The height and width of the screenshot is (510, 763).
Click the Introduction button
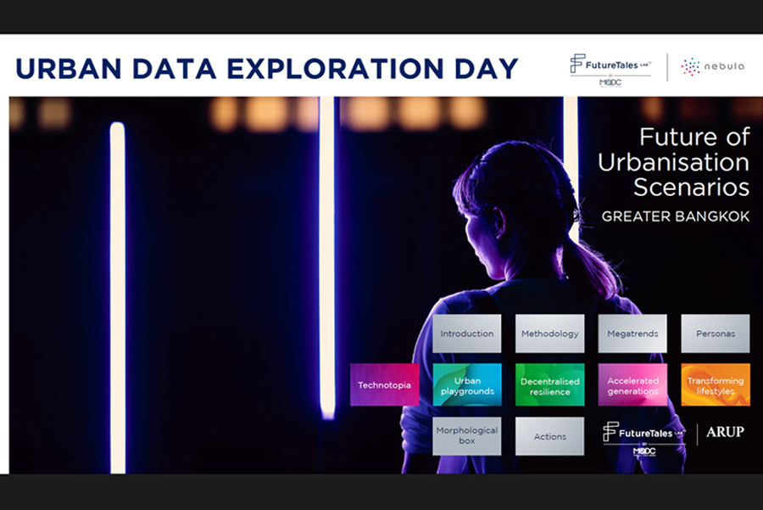[x=466, y=333]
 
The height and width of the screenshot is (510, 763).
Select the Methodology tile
[x=550, y=333]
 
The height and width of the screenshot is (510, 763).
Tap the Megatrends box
[x=632, y=333]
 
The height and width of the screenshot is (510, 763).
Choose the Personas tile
[x=716, y=333]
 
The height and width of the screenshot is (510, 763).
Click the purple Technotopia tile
[x=384, y=384]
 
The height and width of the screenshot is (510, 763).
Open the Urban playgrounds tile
[x=467, y=384]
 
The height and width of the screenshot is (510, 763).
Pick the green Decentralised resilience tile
[x=550, y=384]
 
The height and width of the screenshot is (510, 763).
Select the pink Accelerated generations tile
[x=632, y=384]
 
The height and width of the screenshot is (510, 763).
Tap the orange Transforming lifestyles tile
[x=716, y=384]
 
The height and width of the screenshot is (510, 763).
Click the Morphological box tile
[x=466, y=436]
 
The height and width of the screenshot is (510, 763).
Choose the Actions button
[x=550, y=436]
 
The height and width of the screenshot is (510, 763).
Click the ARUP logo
[x=725, y=432]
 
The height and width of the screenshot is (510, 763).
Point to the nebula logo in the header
[x=713, y=67]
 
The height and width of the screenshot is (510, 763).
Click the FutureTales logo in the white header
[x=610, y=70]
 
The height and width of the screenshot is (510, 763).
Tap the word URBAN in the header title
[x=69, y=69]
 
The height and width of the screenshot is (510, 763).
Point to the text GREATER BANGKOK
[x=676, y=216]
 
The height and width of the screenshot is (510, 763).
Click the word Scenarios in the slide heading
[x=691, y=187]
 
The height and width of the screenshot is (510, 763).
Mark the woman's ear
[x=499, y=222]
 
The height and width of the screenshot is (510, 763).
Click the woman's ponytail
[x=591, y=266]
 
